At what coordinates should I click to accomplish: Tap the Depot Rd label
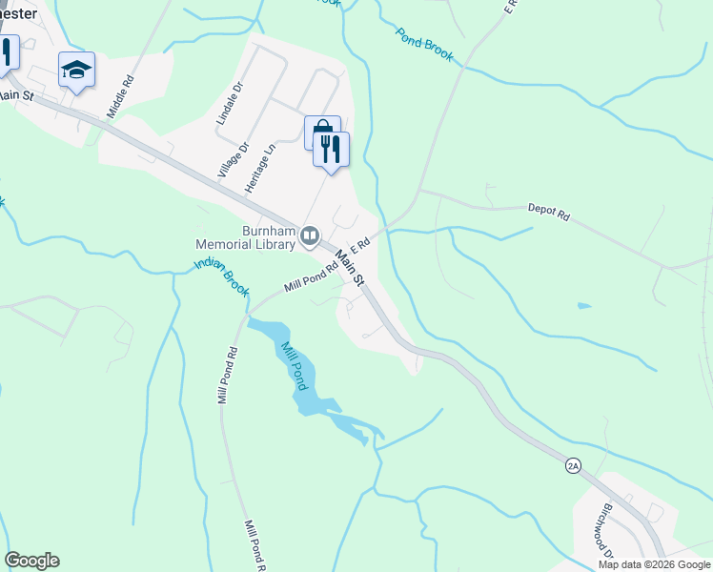[x=548, y=214]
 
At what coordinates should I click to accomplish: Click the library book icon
[x=309, y=235]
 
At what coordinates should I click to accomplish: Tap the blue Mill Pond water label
[x=292, y=364]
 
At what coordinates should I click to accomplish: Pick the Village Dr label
[x=232, y=159]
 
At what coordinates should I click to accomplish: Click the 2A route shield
[x=573, y=464]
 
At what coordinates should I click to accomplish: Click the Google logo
[x=31, y=561]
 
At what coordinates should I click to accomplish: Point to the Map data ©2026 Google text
[x=653, y=564]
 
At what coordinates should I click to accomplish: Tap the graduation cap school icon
[x=76, y=70]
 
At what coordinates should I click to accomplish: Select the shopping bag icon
[x=322, y=132]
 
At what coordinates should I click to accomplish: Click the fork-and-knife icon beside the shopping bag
[x=332, y=149]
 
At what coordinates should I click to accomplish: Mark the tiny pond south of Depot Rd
[x=583, y=306]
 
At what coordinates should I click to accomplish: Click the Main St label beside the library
[x=349, y=268]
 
